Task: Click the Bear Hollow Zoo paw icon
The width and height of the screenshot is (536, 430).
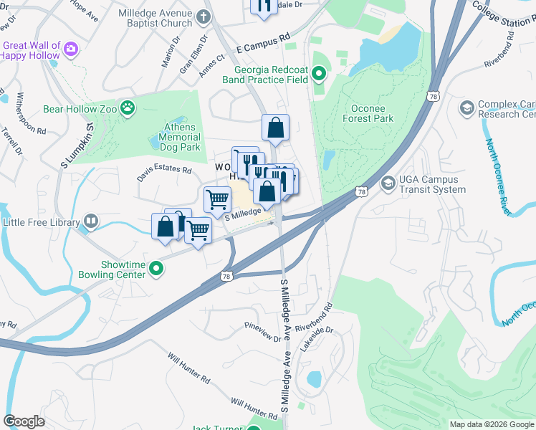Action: [x=128, y=109]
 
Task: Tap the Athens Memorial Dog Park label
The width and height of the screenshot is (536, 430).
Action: [x=178, y=137]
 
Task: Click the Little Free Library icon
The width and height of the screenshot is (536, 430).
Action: [x=90, y=222]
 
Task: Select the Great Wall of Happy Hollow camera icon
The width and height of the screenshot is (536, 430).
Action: [x=70, y=49]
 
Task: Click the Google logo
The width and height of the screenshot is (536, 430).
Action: [x=24, y=421]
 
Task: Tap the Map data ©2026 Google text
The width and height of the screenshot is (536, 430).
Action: [x=492, y=424]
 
